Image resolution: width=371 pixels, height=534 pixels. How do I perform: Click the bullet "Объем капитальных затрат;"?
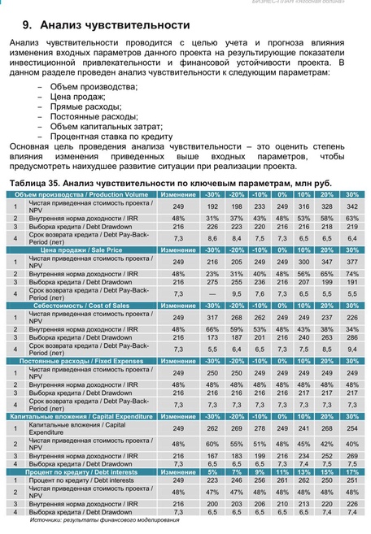[x=112, y=125]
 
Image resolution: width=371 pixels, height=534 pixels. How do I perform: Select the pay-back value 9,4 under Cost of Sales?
[x=352, y=348]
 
